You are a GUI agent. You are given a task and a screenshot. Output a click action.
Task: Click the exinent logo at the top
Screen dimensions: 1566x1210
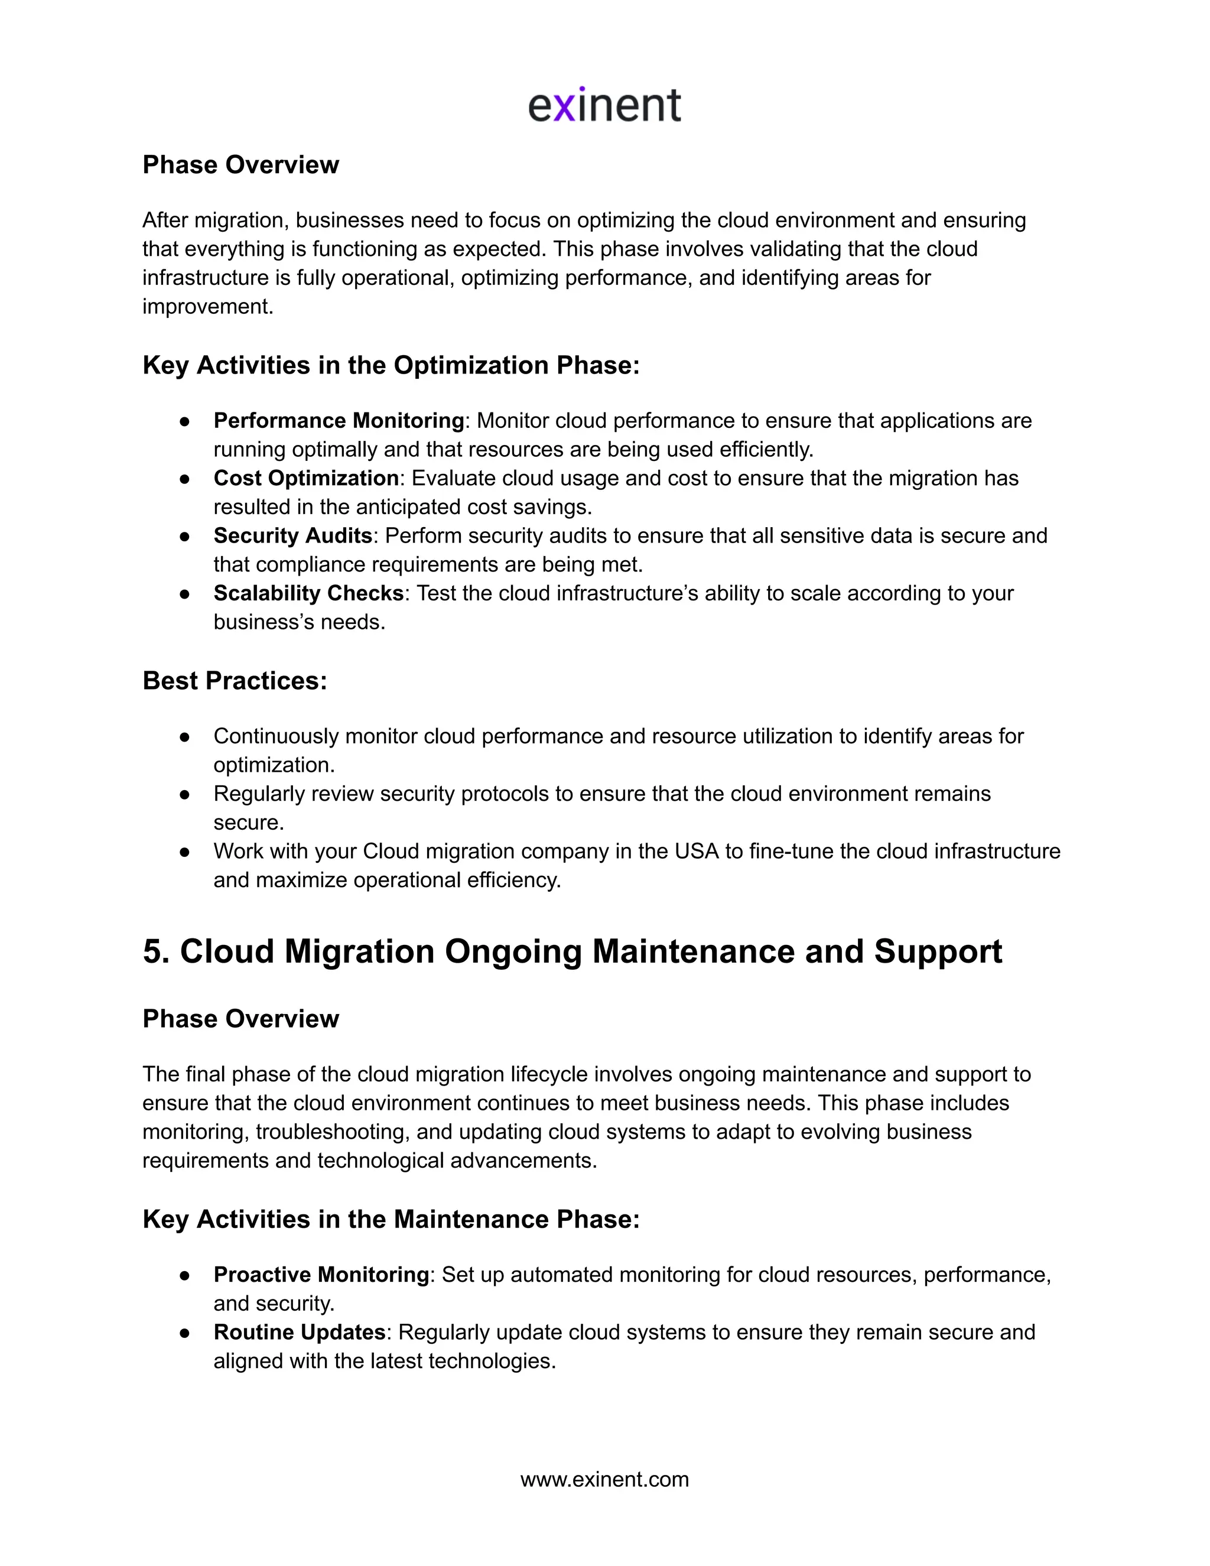coord(604,105)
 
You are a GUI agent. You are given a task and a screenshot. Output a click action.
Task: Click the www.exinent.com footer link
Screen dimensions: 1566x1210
coord(604,1479)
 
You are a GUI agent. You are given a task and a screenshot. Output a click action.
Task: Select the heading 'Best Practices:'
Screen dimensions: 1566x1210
coord(235,680)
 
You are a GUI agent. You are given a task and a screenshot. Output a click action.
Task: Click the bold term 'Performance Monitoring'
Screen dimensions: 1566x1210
coord(339,420)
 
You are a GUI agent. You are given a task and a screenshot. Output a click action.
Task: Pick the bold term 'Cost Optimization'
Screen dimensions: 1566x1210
coord(305,477)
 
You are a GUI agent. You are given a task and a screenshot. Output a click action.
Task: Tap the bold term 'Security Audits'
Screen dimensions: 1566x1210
coord(292,535)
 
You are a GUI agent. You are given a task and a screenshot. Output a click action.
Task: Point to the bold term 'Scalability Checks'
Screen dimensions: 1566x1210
coord(308,593)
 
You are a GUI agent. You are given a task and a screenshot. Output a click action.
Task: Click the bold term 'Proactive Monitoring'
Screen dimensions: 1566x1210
coord(321,1274)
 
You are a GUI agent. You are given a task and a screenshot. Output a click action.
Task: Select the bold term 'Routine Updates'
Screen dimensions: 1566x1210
coord(300,1331)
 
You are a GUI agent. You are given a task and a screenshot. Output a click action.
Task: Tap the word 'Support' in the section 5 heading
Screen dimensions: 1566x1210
coord(937,951)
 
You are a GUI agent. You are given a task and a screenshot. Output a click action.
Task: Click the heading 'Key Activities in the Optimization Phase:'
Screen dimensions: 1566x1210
coord(391,365)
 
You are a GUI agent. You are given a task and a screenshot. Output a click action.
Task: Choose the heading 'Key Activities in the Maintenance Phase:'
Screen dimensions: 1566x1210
coord(391,1219)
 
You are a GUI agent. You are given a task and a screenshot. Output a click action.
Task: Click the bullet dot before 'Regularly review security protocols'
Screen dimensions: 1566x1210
coord(185,794)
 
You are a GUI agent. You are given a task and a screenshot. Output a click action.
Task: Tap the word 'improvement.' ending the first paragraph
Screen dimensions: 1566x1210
coord(208,306)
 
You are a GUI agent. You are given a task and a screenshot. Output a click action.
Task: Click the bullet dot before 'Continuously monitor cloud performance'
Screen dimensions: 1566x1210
coord(185,737)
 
